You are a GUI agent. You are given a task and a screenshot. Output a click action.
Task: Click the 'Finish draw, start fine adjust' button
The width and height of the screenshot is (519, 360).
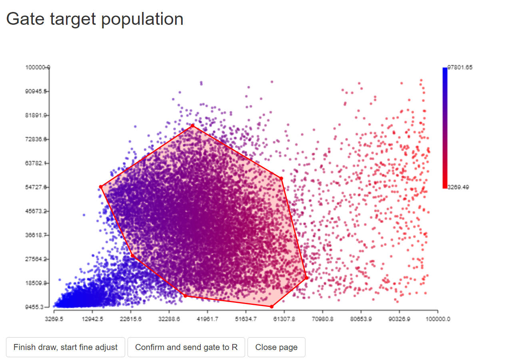pyautogui.click(x=66, y=347)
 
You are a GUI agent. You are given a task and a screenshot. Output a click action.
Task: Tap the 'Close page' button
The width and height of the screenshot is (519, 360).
pyautogui.click(x=276, y=347)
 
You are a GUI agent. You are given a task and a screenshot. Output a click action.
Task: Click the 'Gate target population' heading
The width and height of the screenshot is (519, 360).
pyautogui.click(x=95, y=19)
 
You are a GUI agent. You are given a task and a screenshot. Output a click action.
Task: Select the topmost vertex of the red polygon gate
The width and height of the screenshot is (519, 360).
pyautogui.click(x=192, y=126)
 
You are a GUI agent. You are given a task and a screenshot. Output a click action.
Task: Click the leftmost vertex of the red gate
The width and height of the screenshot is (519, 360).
pyautogui.click(x=101, y=187)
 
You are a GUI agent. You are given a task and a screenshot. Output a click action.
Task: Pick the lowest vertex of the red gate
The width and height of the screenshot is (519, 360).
pyautogui.click(x=271, y=306)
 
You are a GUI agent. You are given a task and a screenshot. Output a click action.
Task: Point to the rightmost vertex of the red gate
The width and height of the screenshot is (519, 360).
pyautogui.click(x=307, y=277)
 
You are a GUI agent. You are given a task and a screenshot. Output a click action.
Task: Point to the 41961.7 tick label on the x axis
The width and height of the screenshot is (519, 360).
pyautogui.click(x=207, y=319)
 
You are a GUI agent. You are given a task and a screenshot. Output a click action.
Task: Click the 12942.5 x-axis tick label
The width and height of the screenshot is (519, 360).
pyautogui.click(x=92, y=319)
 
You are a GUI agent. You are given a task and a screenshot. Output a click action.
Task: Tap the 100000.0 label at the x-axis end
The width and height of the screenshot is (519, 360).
pyautogui.click(x=438, y=319)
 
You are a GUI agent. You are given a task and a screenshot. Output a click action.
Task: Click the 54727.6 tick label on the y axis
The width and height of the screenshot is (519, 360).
pyautogui.click(x=36, y=187)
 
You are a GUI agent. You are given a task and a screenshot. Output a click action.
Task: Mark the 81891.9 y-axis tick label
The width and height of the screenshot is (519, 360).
pyautogui.click(x=36, y=115)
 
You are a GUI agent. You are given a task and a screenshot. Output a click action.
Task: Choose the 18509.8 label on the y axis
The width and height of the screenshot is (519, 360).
pyautogui.click(x=36, y=283)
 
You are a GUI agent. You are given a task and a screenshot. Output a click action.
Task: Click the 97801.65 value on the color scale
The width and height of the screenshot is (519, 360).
pyautogui.click(x=460, y=68)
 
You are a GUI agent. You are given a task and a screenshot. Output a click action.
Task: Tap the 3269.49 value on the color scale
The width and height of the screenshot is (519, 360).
pyautogui.click(x=458, y=187)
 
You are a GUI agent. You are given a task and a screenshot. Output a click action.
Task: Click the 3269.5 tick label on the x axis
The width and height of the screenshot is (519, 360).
pyautogui.click(x=54, y=319)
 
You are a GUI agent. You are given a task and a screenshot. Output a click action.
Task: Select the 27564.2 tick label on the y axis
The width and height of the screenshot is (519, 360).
pyautogui.click(x=36, y=259)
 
